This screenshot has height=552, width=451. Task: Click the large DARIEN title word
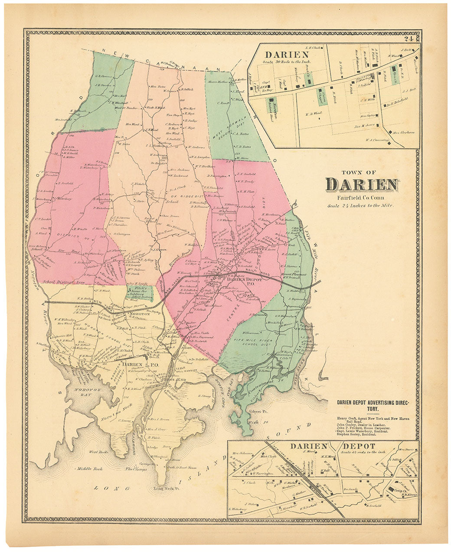point(362,184)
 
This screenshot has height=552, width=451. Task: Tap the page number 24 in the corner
point(408,39)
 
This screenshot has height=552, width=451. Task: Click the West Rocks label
point(98,452)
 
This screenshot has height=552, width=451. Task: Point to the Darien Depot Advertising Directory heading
point(373,405)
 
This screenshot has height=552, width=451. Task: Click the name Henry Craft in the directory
point(346,418)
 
